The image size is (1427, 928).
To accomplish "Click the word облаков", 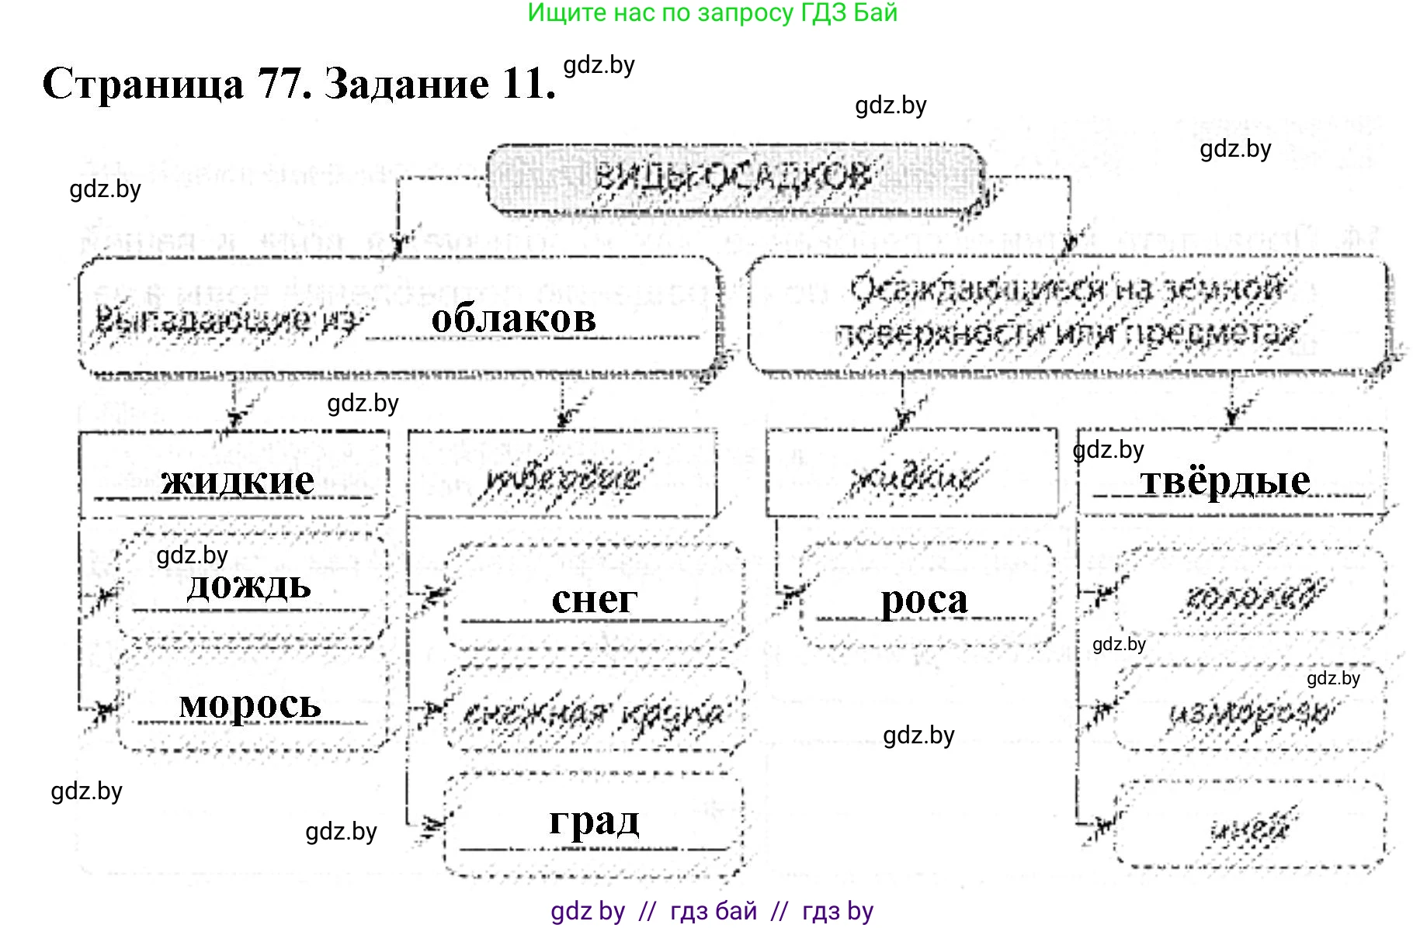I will click(x=513, y=318).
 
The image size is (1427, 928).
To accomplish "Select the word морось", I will click(x=250, y=704).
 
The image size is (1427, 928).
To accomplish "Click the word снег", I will click(x=595, y=599).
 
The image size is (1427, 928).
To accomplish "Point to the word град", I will click(x=595, y=820).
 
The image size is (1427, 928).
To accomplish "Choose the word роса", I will click(x=924, y=599).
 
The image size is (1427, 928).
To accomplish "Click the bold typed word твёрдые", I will click(x=1225, y=480).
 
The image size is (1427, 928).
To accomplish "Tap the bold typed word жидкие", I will click(x=238, y=480).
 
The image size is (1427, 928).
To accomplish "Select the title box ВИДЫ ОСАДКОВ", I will click(x=734, y=178).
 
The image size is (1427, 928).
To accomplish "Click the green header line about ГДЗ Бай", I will click(x=712, y=13).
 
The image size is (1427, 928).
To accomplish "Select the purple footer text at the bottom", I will click(x=712, y=911).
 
